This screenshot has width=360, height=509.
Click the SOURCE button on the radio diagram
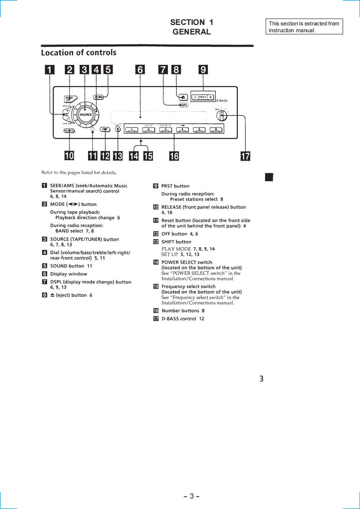click(85, 114)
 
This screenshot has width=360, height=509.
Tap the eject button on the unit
click(182, 97)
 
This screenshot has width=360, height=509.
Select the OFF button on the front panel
click(105, 129)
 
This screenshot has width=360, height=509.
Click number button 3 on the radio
click(166, 130)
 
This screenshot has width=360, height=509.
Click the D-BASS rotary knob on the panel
click(222, 115)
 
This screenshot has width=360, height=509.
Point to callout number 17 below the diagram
click(245, 157)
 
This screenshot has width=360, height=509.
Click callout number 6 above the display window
click(140, 69)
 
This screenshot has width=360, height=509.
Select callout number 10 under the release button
click(69, 156)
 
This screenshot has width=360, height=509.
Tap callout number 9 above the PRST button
click(203, 69)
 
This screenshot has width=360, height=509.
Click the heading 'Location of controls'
click(79, 53)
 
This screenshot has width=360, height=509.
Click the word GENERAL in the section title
click(192, 32)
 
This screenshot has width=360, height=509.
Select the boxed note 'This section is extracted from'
click(304, 24)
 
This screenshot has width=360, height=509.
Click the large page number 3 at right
click(261, 378)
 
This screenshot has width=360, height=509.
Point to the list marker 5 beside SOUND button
click(44, 266)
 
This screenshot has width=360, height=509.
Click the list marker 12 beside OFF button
click(156, 234)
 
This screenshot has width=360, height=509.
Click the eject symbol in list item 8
click(52, 295)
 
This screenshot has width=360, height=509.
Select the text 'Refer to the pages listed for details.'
click(79, 172)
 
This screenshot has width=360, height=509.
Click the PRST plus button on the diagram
click(211, 97)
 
